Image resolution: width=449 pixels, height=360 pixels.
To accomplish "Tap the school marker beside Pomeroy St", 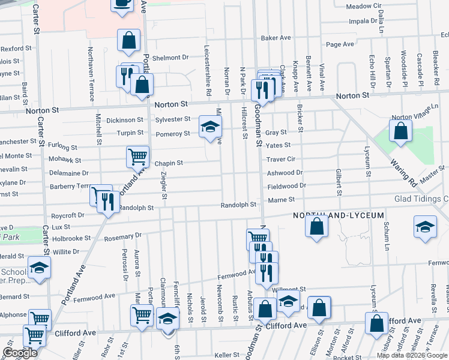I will point(210,127).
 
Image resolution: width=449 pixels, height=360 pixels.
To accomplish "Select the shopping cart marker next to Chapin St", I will point(138,157).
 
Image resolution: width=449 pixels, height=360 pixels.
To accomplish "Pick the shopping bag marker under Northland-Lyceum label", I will point(317,227).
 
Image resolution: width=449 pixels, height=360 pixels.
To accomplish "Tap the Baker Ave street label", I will point(276,38).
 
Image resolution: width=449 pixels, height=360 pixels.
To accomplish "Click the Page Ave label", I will point(340,44).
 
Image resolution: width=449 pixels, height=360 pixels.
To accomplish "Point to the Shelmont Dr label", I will point(170,58).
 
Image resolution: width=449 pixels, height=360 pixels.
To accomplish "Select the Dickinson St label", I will point(125,121).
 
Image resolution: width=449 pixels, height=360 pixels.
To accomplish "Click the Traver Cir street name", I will point(280,160).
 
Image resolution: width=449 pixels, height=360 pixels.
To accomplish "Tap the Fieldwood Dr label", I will point(287,186).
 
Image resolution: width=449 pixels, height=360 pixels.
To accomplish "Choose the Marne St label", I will point(281,200).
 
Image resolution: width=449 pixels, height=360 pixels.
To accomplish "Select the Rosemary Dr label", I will point(122,236).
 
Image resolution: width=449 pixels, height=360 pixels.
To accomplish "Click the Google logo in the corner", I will point(20,353).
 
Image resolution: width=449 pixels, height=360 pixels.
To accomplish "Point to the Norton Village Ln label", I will point(415,112).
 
